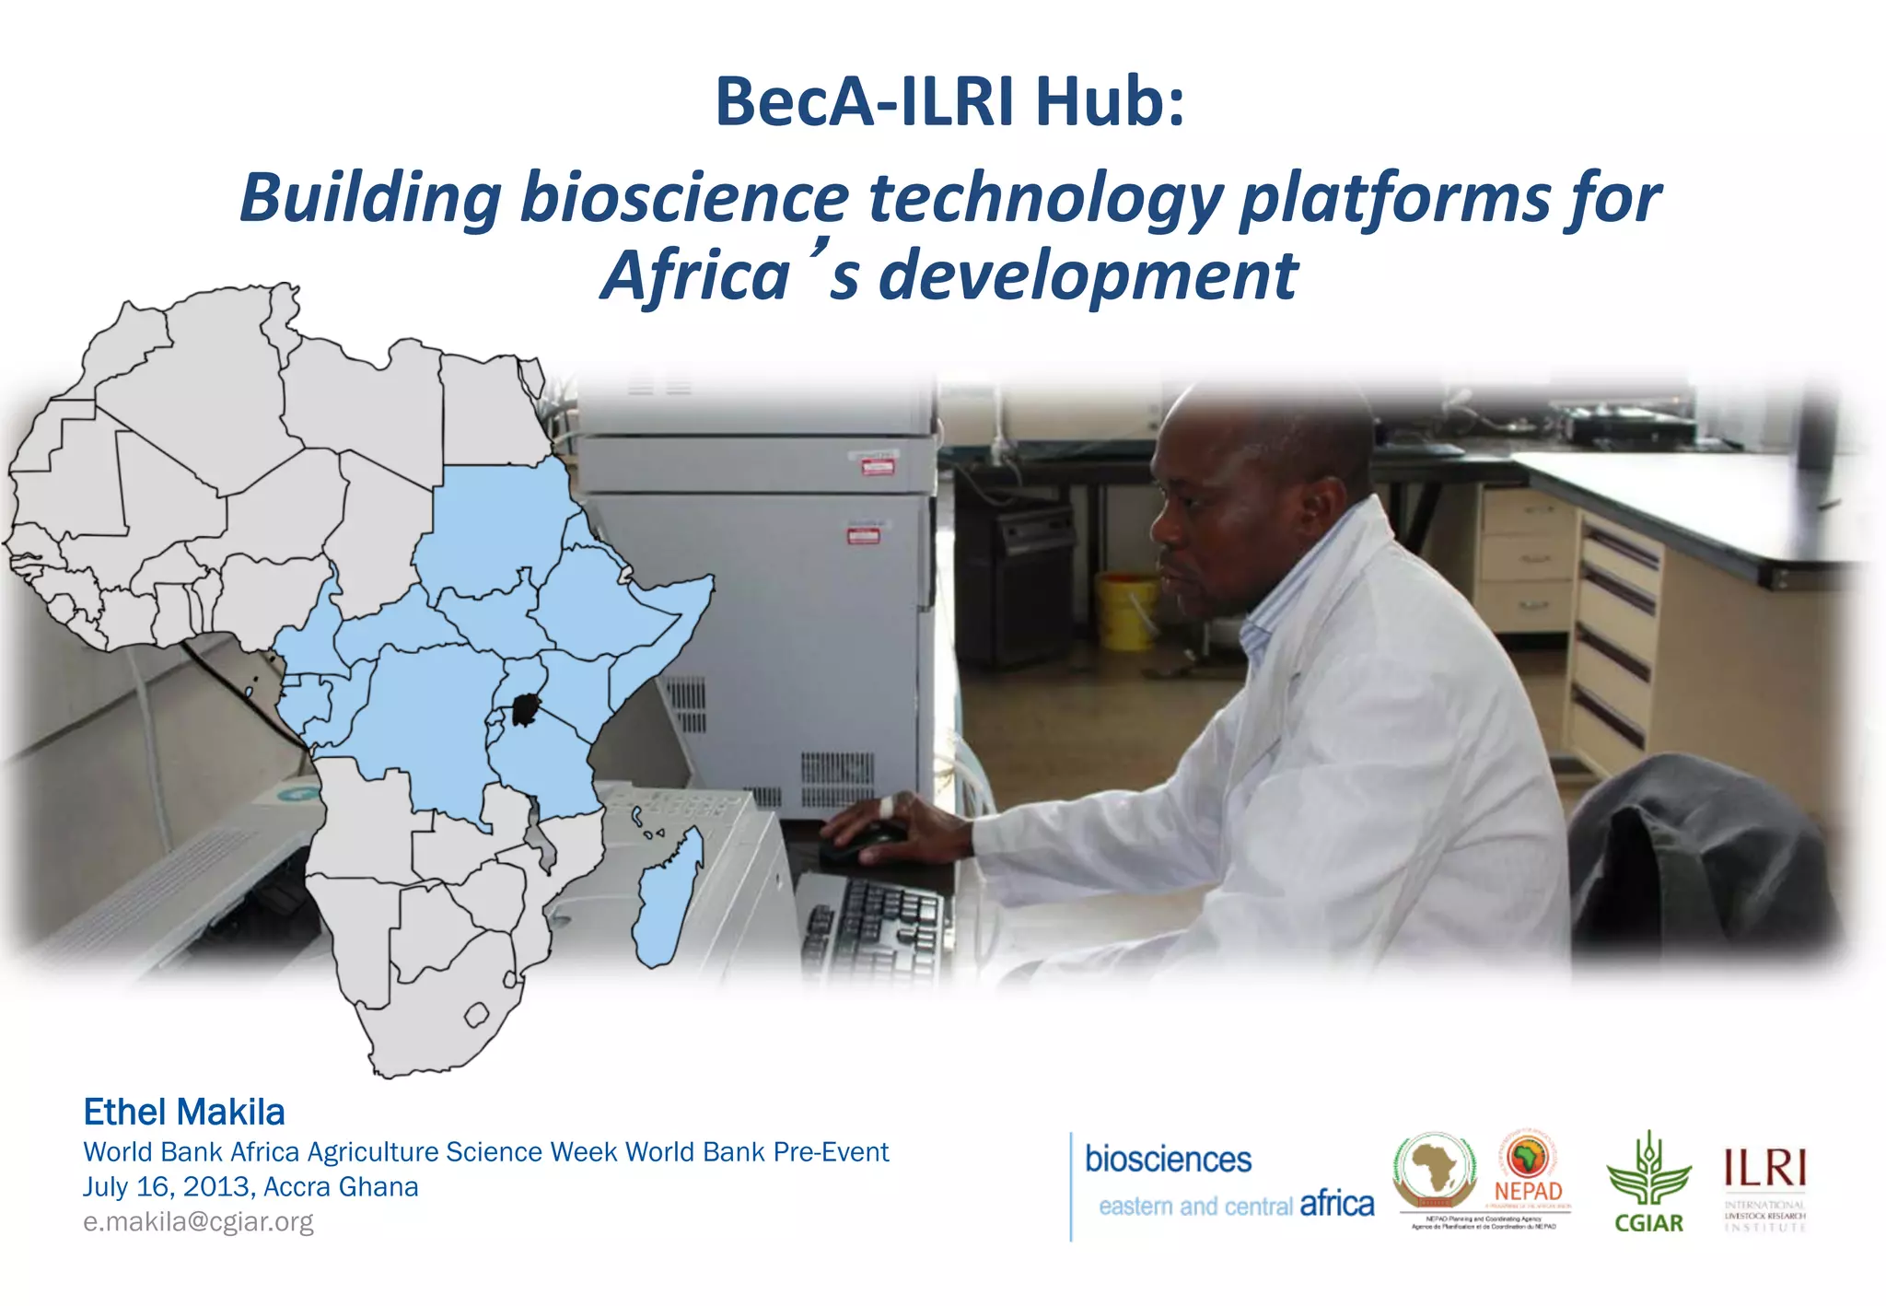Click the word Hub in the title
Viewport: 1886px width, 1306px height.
pyautogui.click(x=1110, y=101)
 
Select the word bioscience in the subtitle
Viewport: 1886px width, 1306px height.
pyautogui.click(x=684, y=198)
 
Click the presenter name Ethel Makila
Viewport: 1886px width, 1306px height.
pyautogui.click(x=184, y=1113)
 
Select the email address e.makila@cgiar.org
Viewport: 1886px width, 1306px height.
pyautogui.click(x=198, y=1222)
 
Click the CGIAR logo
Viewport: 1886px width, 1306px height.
pyautogui.click(x=1648, y=1184)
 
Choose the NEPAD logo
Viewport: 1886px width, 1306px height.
pyautogui.click(x=1529, y=1170)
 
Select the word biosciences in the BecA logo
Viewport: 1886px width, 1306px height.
pyautogui.click(x=1168, y=1160)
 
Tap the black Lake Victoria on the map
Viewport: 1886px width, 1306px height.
pyautogui.click(x=524, y=710)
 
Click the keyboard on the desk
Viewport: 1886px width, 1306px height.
pyautogui.click(x=875, y=921)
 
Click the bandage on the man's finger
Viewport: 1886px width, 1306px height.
pyautogui.click(x=885, y=808)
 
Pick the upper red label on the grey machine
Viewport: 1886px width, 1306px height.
pyautogui.click(x=877, y=465)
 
